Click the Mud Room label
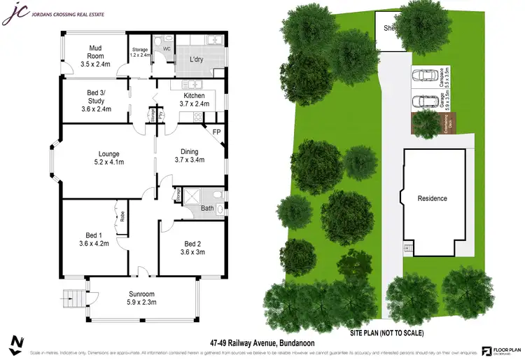pyautogui.click(x=96, y=53)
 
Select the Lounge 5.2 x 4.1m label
pyautogui.click(x=108, y=158)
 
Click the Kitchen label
pyautogui.click(x=194, y=99)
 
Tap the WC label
pyautogui.click(x=167, y=49)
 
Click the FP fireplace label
pyautogui.click(x=216, y=131)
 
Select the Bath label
pyautogui.click(x=206, y=208)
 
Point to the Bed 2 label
pyautogui.click(x=192, y=248)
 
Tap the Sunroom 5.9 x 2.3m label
pyautogui.click(x=141, y=298)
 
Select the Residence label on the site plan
pyautogui.click(x=432, y=198)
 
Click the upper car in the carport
pyautogui.click(x=423, y=76)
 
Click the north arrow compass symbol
pyautogui.click(x=15, y=344)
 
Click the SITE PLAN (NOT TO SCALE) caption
pyautogui.click(x=386, y=333)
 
